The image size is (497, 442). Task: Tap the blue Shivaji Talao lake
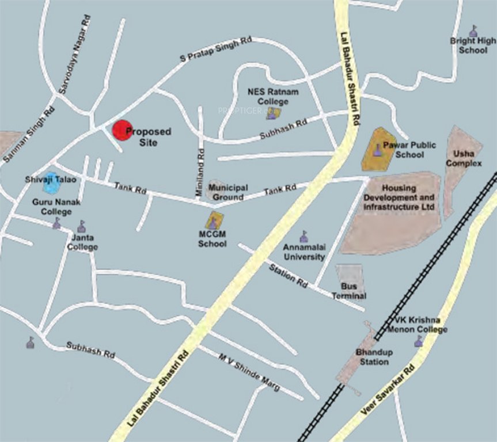pyautogui.click(x=51, y=183)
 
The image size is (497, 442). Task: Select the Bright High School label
pyautogui.click(x=473, y=45)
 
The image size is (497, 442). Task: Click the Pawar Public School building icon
pyautogui.click(x=378, y=151)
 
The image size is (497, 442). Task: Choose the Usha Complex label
pyautogui.click(x=467, y=158)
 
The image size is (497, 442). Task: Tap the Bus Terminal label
pyautogui.click(x=349, y=291)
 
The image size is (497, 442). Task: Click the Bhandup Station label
pyautogui.click(x=372, y=357)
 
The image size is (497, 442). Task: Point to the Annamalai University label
pyautogui.click(x=304, y=252)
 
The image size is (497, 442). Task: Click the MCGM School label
pyautogui.click(x=213, y=239)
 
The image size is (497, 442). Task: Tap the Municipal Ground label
pyautogui.click(x=228, y=192)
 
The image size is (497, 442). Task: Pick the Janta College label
pyautogui.click(x=82, y=242)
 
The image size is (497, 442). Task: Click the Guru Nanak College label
pyautogui.click(x=56, y=207)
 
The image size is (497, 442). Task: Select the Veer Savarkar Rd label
pyautogui.click(x=387, y=391)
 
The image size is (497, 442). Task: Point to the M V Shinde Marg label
pyautogui.click(x=249, y=372)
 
